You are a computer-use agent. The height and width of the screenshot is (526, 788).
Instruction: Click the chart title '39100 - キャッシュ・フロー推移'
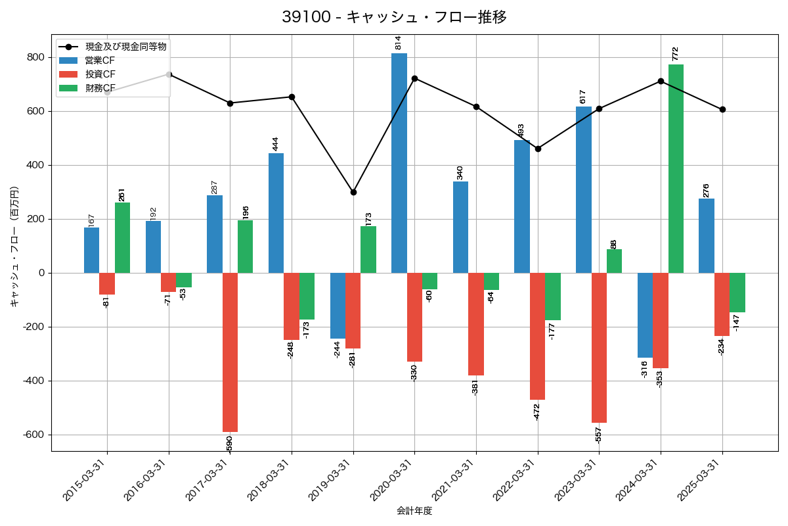pyautogui.click(x=394, y=17)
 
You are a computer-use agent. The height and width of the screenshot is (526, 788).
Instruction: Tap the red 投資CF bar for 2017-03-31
pyautogui.click(x=230, y=352)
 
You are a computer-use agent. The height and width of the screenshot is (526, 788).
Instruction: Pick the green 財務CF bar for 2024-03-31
pyautogui.click(x=676, y=168)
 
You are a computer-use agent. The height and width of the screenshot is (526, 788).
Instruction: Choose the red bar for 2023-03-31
pyautogui.click(x=599, y=348)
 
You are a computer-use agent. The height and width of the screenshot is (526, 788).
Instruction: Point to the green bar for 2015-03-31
pyautogui.click(x=122, y=237)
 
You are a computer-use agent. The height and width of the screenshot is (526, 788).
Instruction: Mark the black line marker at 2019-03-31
pyautogui.click(x=353, y=192)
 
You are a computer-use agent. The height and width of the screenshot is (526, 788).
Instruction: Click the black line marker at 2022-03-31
pyautogui.click(x=538, y=149)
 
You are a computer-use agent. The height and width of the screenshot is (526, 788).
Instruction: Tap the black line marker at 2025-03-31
pyautogui.click(x=722, y=109)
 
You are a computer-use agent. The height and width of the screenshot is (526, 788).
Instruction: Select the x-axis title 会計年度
pyautogui.click(x=414, y=511)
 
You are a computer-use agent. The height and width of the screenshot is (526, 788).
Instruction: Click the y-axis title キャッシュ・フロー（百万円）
pyautogui.click(x=14, y=247)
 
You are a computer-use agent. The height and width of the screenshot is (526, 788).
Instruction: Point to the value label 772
pyautogui.click(x=675, y=54)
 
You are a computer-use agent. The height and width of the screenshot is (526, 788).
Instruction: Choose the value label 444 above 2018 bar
pyautogui.click(x=276, y=143)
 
